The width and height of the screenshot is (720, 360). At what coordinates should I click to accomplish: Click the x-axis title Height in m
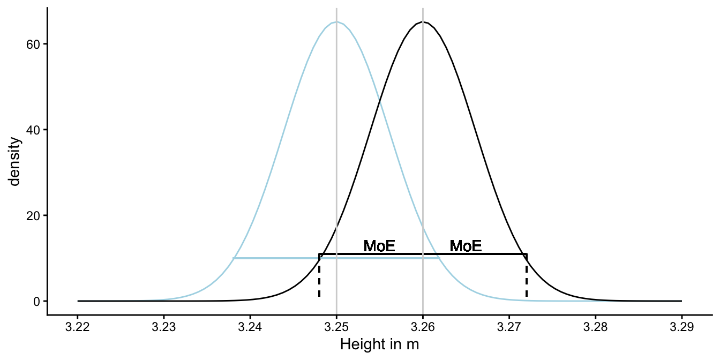click(379, 346)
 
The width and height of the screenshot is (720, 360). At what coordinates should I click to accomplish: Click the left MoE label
click(379, 246)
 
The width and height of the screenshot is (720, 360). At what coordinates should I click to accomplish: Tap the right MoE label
click(466, 246)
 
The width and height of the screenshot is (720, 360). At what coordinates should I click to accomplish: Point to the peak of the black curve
click(423, 22)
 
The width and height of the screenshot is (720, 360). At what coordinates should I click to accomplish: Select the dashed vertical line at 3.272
click(526, 276)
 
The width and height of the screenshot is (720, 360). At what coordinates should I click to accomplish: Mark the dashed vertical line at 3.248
click(319, 276)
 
